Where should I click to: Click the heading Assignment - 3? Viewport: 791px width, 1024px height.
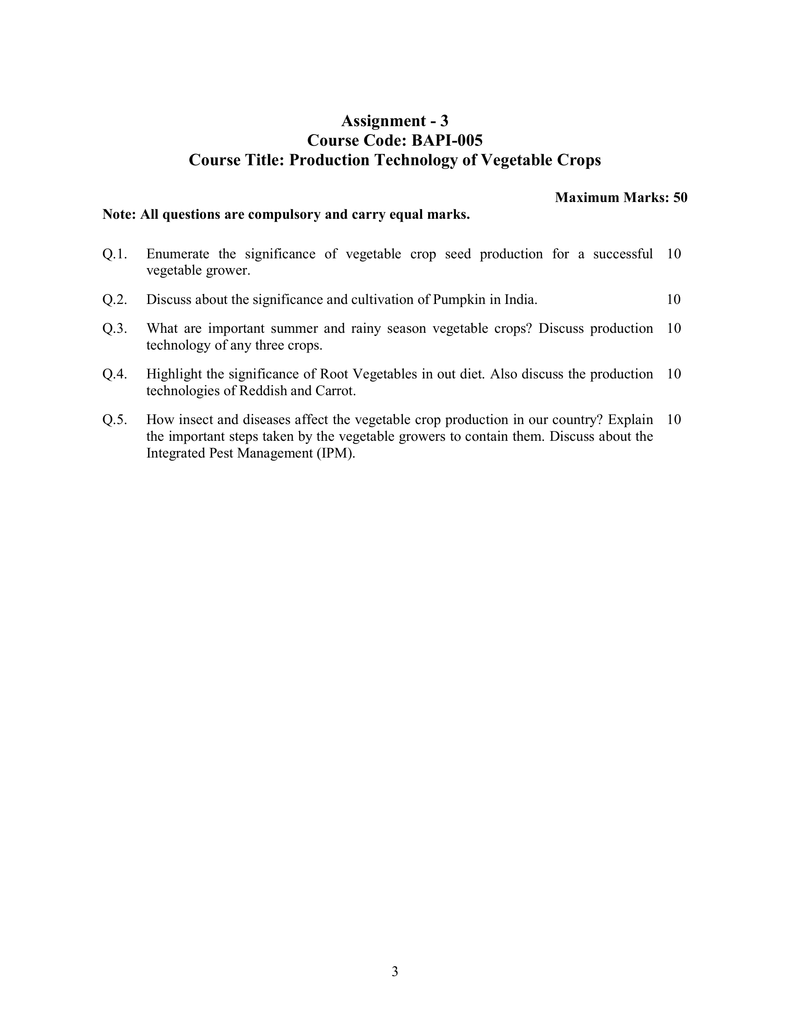click(395, 121)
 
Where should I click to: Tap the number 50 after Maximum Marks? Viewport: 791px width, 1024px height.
click(680, 197)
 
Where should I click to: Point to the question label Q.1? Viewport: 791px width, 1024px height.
click(115, 254)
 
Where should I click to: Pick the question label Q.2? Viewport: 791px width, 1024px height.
click(115, 300)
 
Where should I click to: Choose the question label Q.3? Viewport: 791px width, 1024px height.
click(115, 329)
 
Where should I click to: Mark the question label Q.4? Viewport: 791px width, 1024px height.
click(115, 374)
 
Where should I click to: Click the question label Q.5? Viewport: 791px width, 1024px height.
click(115, 420)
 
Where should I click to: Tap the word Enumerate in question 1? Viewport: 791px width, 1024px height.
click(178, 254)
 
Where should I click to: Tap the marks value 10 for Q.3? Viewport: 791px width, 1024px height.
click(673, 329)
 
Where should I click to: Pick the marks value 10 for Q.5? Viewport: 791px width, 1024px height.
click(673, 420)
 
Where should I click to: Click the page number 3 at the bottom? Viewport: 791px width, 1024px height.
click(395, 971)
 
